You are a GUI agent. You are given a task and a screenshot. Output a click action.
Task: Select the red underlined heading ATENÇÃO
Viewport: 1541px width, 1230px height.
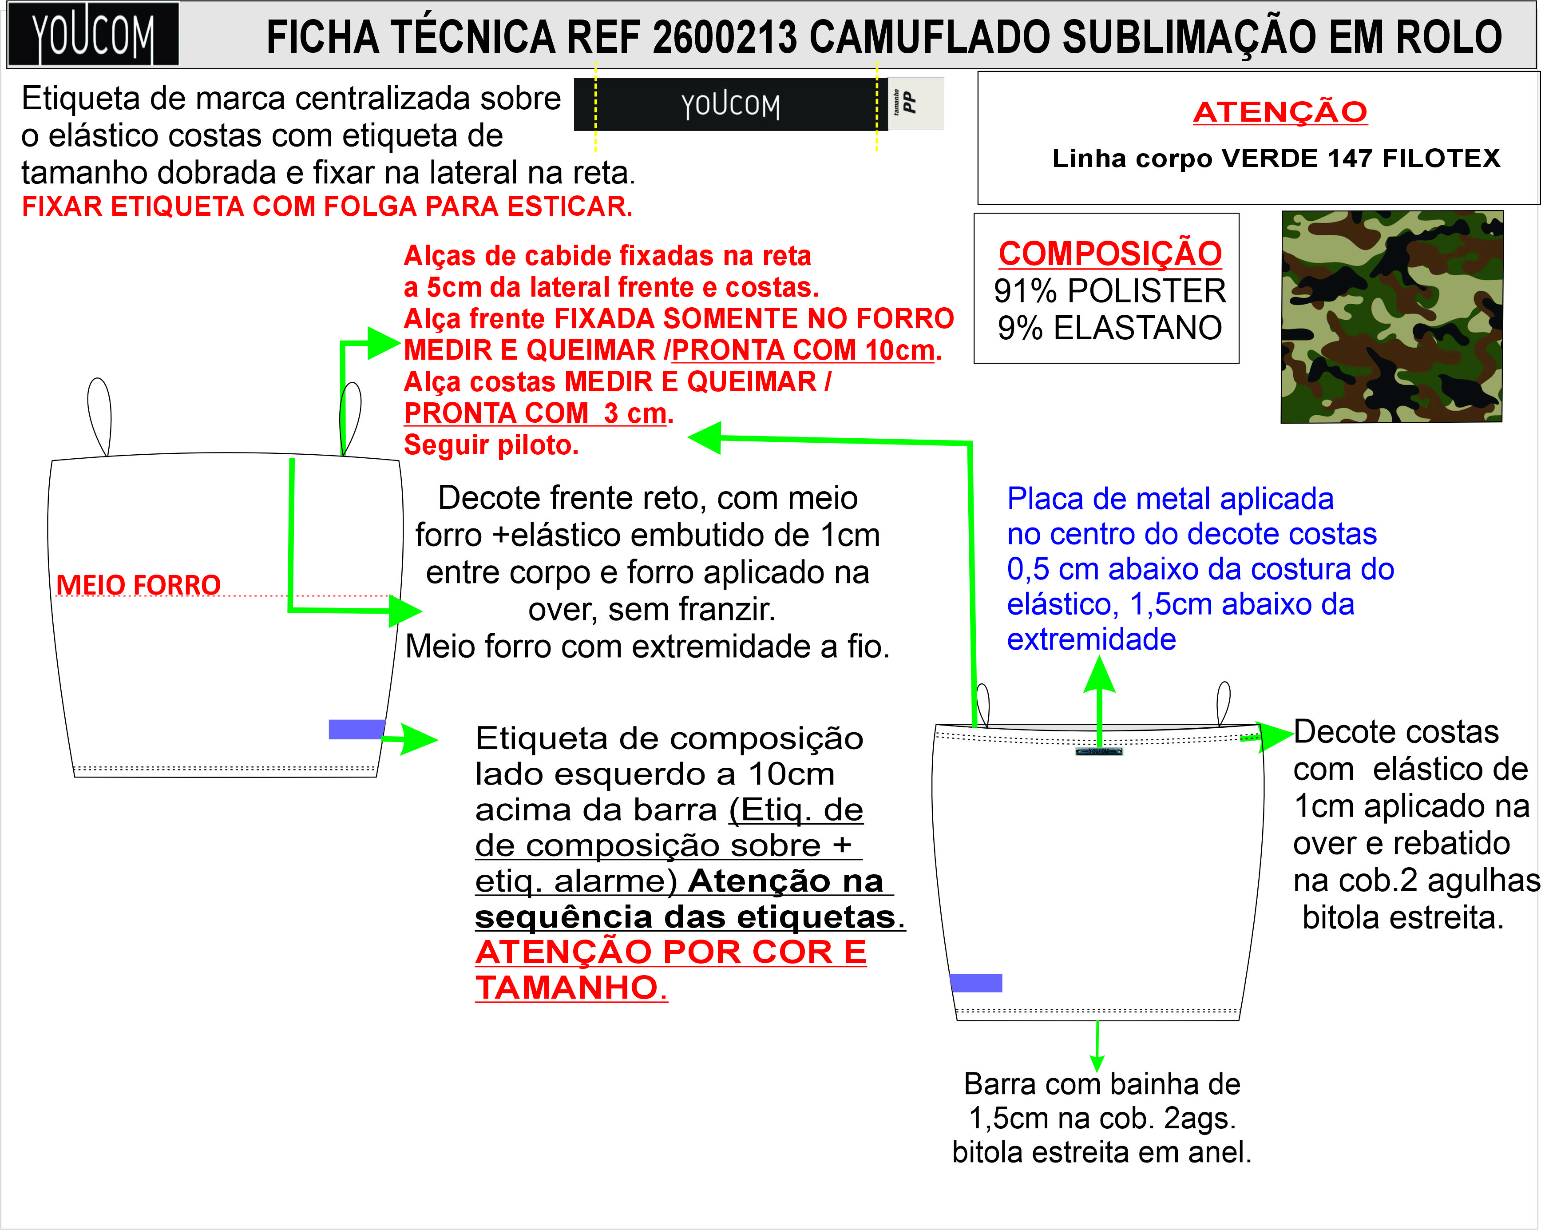tap(1280, 112)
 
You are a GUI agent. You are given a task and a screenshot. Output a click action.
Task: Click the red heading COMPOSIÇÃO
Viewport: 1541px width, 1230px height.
tap(1109, 254)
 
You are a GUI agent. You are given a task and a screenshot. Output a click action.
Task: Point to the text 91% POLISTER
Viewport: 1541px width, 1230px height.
tap(1109, 291)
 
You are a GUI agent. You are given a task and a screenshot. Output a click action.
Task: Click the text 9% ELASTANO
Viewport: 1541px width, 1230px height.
tap(1109, 328)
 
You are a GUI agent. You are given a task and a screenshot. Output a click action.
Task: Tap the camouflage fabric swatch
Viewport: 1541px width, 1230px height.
tap(1392, 317)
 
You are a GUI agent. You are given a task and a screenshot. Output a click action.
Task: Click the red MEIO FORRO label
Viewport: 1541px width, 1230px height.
tap(138, 585)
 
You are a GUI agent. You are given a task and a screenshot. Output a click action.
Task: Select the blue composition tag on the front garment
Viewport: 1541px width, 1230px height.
tap(357, 729)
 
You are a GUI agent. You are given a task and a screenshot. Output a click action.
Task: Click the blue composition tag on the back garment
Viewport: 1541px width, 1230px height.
tap(976, 983)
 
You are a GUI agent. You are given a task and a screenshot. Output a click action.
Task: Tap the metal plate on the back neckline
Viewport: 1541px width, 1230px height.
tap(1098, 751)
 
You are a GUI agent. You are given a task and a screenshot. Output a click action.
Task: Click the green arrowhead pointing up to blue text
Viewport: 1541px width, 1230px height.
tap(1099, 675)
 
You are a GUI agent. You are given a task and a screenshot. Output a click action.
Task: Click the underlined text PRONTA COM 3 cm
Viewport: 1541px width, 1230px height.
tap(536, 413)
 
